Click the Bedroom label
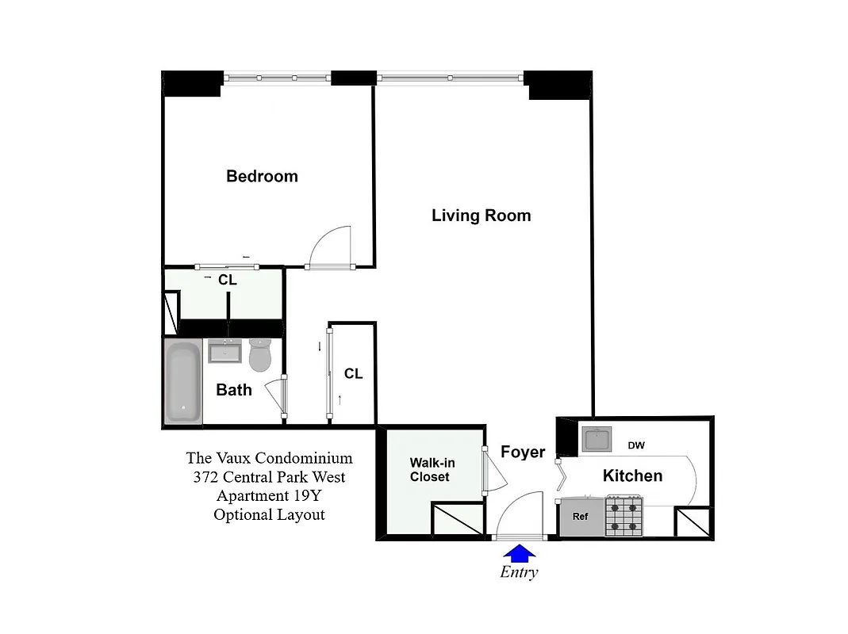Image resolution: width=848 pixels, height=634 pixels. pyautogui.click(x=262, y=176)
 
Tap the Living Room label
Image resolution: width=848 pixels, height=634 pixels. pyautogui.click(x=481, y=216)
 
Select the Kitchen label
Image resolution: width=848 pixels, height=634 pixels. pyautogui.click(x=632, y=475)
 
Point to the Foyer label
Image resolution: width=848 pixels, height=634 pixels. pyautogui.click(x=523, y=452)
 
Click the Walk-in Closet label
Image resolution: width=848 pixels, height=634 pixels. pyautogui.click(x=432, y=469)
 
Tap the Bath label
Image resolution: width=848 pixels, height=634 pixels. pyautogui.click(x=234, y=389)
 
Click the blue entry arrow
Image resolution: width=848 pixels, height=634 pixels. pyautogui.click(x=520, y=552)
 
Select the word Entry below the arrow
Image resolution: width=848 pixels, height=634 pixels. pyautogui.click(x=519, y=572)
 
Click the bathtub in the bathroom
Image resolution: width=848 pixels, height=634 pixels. pyautogui.click(x=183, y=381)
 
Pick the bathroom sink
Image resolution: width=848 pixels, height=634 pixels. pyautogui.click(x=225, y=350)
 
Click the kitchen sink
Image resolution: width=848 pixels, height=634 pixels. pyautogui.click(x=597, y=438)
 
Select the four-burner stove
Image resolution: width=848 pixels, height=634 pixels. pyautogui.click(x=624, y=516)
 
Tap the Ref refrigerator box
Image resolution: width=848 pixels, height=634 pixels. pyautogui.click(x=581, y=517)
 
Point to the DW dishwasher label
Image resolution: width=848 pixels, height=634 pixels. pyautogui.click(x=636, y=445)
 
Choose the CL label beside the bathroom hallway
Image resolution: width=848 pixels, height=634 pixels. pyautogui.click(x=353, y=373)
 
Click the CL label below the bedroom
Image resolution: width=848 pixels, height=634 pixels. pyautogui.click(x=228, y=280)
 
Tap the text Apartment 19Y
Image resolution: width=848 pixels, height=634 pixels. pyautogui.click(x=269, y=496)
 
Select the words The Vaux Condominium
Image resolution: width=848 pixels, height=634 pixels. pyautogui.click(x=269, y=458)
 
